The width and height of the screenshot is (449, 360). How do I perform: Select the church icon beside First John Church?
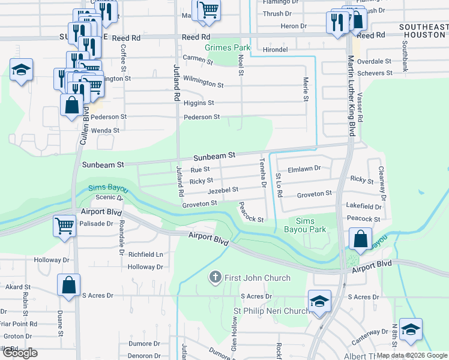pyautogui.click(x=215, y=277)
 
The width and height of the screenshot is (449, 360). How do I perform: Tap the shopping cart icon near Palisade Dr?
pyautogui.click(x=65, y=227)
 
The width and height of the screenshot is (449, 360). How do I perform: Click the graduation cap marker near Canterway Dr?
pyautogui.click(x=411, y=330)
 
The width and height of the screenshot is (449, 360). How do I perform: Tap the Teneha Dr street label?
pyautogui.click(x=262, y=173)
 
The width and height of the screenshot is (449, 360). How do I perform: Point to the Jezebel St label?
pyautogui.click(x=223, y=190)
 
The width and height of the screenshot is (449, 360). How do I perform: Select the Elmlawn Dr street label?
pyautogui.click(x=304, y=169)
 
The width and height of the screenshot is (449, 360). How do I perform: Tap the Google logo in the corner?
pyautogui.click(x=20, y=353)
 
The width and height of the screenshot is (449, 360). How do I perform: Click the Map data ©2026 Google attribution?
pyautogui.click(x=412, y=355)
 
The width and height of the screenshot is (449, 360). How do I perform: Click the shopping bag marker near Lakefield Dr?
pyautogui.click(x=360, y=239)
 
